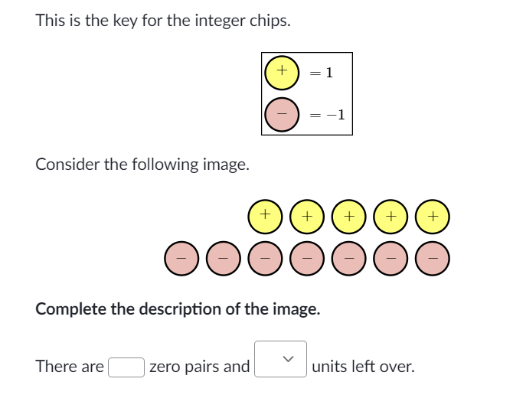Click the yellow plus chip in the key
tap(282, 73)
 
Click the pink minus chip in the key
tap(282, 115)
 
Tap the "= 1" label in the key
tap(322, 73)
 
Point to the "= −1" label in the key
tap(327, 115)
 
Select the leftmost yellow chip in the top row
tap(265, 217)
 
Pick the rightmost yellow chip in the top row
tap(433, 217)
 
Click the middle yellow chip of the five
tap(348, 217)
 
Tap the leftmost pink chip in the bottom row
tap(181, 259)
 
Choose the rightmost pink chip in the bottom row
tap(433, 259)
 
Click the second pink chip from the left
tap(223, 259)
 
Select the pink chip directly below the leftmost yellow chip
tap(265, 259)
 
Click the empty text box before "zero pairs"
tap(126, 367)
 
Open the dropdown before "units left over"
tap(281, 359)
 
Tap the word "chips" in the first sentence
tap(270, 21)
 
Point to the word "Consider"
tap(67, 165)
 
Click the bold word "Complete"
tap(71, 309)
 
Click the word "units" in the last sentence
tap(329, 367)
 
